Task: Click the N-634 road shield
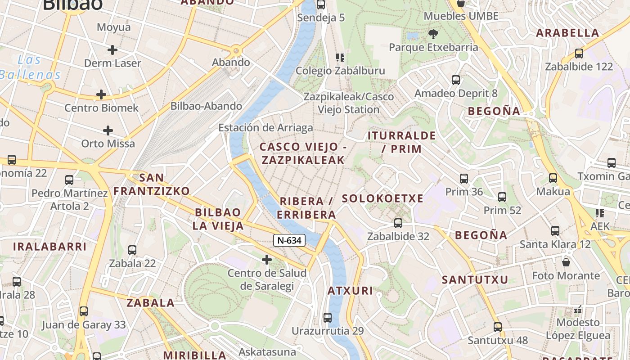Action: point(289,240)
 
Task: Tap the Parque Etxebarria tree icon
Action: point(433,34)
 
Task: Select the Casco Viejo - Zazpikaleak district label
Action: point(302,153)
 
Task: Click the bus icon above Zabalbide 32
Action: point(398,223)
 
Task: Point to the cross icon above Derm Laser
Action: point(112,49)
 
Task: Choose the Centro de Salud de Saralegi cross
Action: point(267,259)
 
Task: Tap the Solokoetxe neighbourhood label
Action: point(382,198)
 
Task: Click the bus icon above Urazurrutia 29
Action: point(328,317)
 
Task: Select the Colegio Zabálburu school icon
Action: point(340,58)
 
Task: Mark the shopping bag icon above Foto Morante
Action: point(566,261)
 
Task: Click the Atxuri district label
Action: point(350,291)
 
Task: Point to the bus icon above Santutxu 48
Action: point(497,327)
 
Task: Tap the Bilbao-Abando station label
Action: point(206,106)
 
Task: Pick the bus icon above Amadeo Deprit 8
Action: point(456,80)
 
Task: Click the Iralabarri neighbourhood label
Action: point(49,247)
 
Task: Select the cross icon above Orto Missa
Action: point(108,130)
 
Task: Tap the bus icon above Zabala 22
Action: point(132,250)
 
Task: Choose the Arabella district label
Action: point(567,33)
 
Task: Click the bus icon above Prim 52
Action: point(502,197)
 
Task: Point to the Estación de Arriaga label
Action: point(265,128)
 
